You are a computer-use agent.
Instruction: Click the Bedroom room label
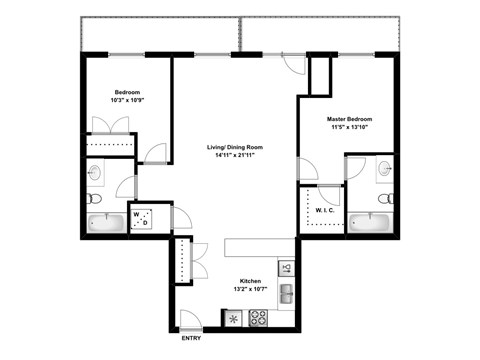click(x=127, y=89)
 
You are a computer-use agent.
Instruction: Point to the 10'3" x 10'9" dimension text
click(x=127, y=99)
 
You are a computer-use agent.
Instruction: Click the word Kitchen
click(x=250, y=281)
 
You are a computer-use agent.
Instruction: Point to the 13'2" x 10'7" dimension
click(x=250, y=291)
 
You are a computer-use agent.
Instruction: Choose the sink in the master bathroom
click(x=385, y=171)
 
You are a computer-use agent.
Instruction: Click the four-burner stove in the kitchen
click(x=258, y=318)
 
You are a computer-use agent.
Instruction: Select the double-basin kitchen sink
click(x=285, y=294)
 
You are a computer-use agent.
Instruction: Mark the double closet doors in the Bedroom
click(x=110, y=126)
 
